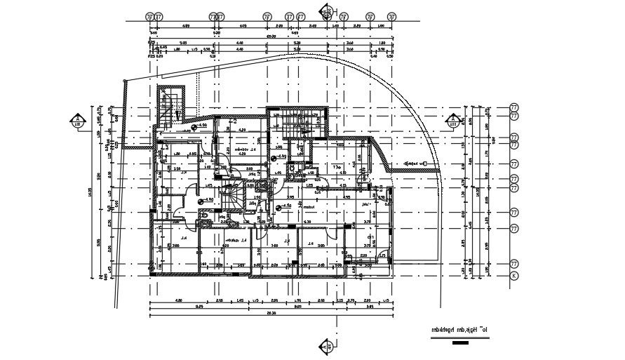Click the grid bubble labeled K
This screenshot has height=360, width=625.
click(x=513, y=276)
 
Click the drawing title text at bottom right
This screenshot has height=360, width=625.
click(x=458, y=328)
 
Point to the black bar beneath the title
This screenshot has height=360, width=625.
click(x=460, y=343)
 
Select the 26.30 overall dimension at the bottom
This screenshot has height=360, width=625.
click(x=270, y=314)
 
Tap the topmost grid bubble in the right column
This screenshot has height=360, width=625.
click(x=513, y=107)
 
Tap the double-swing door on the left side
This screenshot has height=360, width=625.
click(x=175, y=203)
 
